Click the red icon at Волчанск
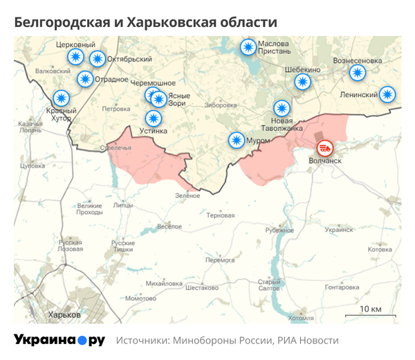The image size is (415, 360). click(x=324, y=147)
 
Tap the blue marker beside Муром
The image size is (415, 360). click(x=237, y=141)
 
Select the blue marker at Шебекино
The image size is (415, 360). click(x=302, y=82)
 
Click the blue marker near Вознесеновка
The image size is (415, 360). click(x=357, y=73)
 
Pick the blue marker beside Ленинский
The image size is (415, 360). click(x=388, y=94)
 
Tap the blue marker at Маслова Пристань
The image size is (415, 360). click(x=247, y=48)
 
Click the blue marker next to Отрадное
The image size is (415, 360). click(x=85, y=79)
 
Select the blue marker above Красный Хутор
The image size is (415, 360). click(x=62, y=98)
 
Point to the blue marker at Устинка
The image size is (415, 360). click(x=151, y=118)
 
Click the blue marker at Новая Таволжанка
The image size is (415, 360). click(x=281, y=109)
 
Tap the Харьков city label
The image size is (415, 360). click(x=64, y=315)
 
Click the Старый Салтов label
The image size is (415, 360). click(x=269, y=285)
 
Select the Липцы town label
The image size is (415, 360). click(x=123, y=206)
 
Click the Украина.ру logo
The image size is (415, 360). click(x=59, y=340)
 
